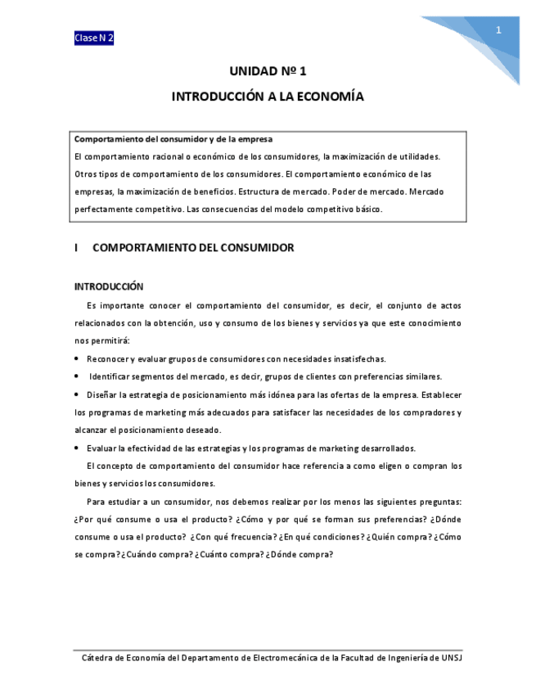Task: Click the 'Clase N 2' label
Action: coord(94,38)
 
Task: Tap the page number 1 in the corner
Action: coord(498,31)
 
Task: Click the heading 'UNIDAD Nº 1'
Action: coord(268,72)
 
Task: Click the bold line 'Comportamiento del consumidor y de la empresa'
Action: coord(173,139)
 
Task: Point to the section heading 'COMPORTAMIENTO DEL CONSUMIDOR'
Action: coord(193,247)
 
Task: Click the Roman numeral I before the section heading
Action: coord(75,247)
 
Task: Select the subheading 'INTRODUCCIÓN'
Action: coord(109,286)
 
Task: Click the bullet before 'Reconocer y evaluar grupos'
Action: coord(76,358)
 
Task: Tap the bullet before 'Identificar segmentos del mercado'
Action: coord(76,376)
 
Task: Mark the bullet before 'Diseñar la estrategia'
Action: coord(76,394)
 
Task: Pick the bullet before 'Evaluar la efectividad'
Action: coord(76,448)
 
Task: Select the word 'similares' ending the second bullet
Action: coord(421,376)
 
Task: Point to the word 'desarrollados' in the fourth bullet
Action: coord(387,448)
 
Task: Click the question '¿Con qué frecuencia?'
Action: coord(232,537)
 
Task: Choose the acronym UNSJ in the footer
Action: coord(453,657)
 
